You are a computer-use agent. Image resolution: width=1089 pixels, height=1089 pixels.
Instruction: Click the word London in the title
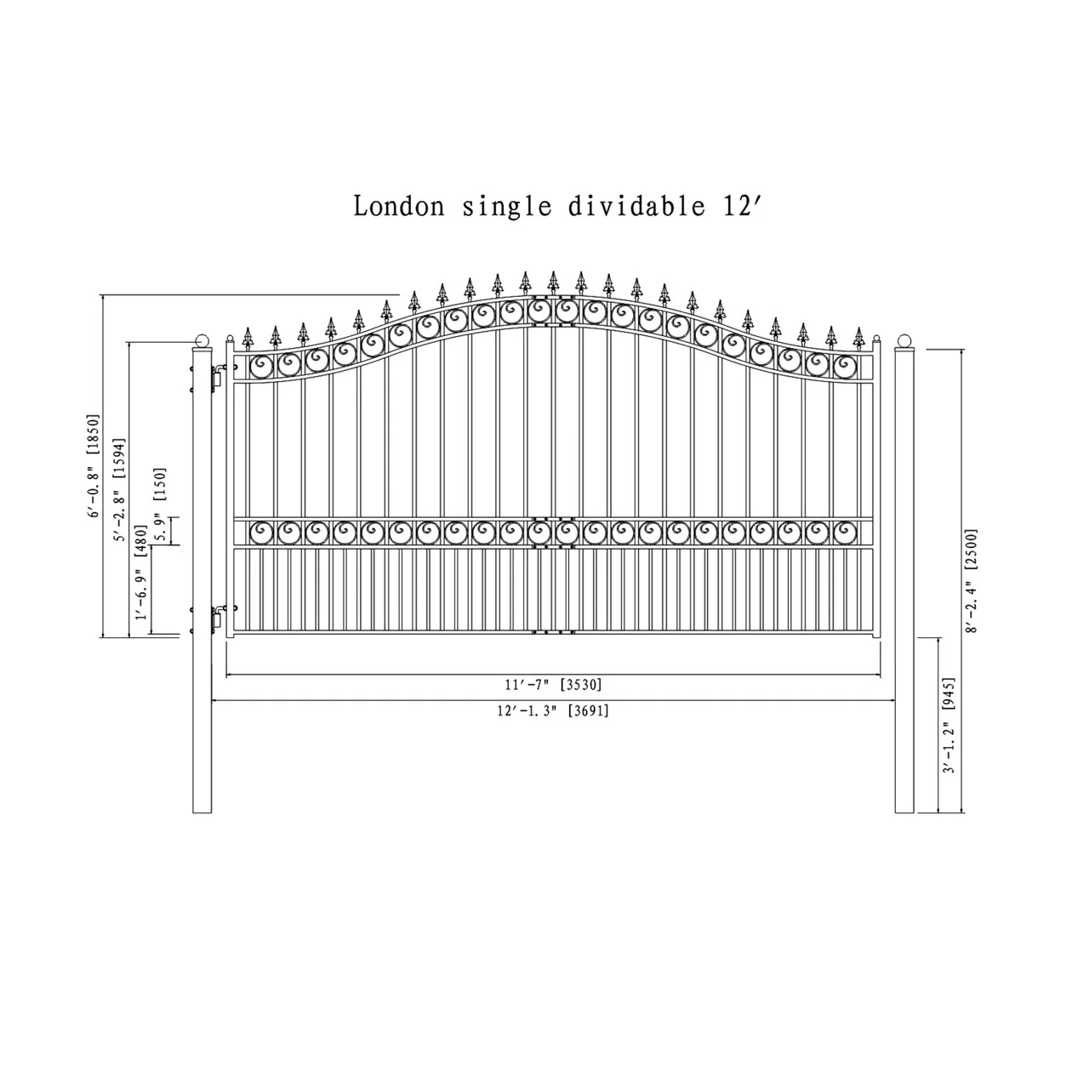[399, 206]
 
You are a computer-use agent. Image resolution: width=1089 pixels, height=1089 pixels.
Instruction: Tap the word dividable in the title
[636, 206]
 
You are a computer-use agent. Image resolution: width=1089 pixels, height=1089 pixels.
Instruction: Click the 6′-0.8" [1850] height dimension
[94, 465]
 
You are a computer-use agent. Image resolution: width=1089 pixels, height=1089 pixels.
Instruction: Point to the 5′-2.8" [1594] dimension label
[120, 489]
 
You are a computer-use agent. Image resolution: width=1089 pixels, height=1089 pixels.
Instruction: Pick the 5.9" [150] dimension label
[161, 505]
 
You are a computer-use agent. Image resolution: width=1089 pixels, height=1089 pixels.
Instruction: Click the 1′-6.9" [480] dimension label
[140, 572]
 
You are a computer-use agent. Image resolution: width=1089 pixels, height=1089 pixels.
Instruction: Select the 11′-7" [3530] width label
[553, 685]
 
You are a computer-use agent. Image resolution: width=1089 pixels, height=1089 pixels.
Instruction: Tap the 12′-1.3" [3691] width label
[553, 711]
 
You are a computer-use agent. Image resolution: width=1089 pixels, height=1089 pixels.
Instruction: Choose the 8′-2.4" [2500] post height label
[971, 581]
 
